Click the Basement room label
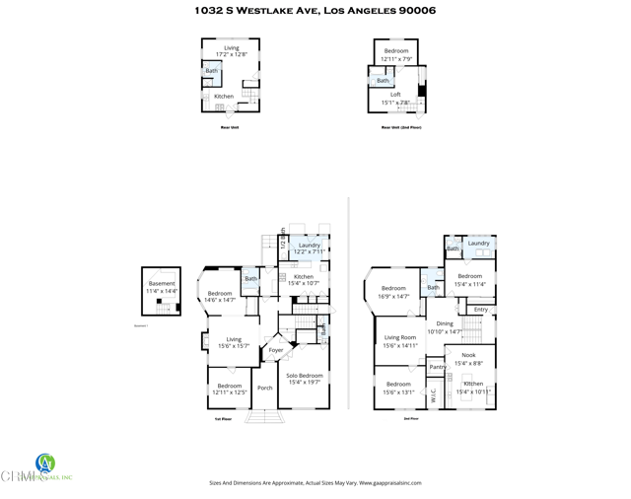tap(162, 284)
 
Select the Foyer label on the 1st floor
tap(276, 350)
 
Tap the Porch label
tap(265, 388)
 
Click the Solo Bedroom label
tap(305, 376)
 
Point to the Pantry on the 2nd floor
tap(438, 367)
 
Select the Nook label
tap(468, 355)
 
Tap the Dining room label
tap(445, 323)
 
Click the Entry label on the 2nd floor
tap(481, 310)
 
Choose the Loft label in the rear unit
tap(395, 95)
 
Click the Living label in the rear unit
tap(231, 47)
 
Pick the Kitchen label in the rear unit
tap(224, 97)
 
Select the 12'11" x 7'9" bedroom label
tap(396, 51)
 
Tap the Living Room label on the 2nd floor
tap(399, 337)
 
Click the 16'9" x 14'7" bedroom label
tap(394, 289)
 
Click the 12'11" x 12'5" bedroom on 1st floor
tap(230, 386)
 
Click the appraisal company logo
tap(44, 463)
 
